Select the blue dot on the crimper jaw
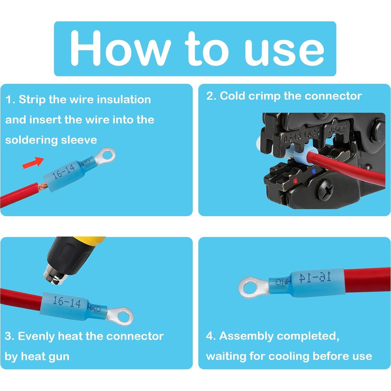pyautogui.click(x=313, y=171)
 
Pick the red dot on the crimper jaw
pyautogui.click(x=295, y=181)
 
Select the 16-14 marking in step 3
pyautogui.click(x=67, y=302)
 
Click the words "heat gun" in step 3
pyautogui.click(x=45, y=357)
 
